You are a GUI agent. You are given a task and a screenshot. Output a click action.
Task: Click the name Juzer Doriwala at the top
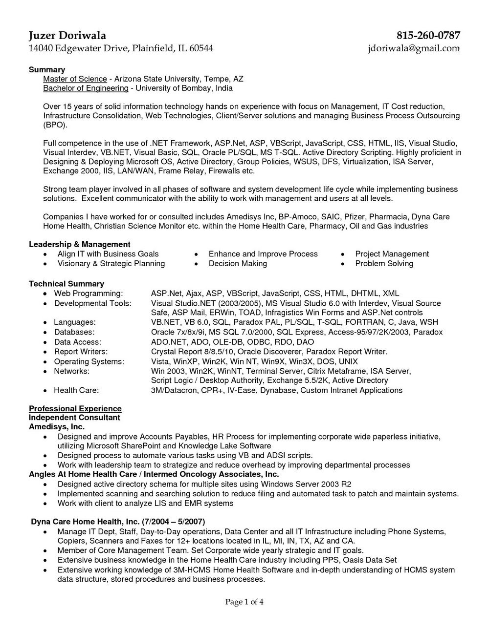tap(67, 36)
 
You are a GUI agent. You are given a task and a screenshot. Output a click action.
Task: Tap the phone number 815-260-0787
tap(428, 36)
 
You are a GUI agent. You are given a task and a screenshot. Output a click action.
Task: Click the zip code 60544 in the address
tap(201, 48)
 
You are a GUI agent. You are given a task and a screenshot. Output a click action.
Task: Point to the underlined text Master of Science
tap(75, 79)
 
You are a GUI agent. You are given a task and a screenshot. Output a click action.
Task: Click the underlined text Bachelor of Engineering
tap(86, 88)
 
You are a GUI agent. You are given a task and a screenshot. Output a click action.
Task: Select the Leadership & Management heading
tap(80, 244)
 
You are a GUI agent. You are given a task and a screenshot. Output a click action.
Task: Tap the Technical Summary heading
tap(67, 283)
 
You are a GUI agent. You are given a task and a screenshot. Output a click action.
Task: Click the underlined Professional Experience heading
tap(75, 408)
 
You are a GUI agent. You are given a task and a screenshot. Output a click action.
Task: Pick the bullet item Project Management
tap(392, 254)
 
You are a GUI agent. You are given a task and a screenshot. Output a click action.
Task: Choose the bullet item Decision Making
tap(238, 264)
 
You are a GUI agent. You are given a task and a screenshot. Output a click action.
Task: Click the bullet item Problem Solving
tap(384, 264)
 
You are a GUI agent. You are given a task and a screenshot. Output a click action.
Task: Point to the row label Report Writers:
tap(81, 352)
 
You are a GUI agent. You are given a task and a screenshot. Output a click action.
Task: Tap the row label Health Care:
tap(76, 390)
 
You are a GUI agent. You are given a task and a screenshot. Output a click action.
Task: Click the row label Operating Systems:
tap(89, 361)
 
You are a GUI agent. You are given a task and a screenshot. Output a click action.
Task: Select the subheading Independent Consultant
tap(74, 418)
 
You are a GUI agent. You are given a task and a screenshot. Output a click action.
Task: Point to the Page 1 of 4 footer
tap(244, 602)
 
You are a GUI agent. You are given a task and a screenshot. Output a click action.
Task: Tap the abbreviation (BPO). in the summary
tap(54, 125)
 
